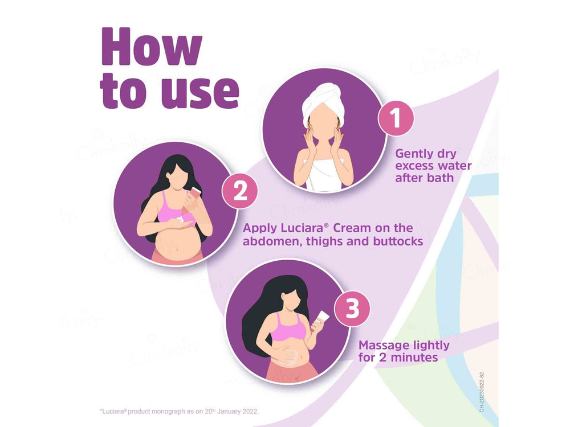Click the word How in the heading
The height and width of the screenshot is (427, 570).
(x=152, y=47)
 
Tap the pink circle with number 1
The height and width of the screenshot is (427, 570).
(x=396, y=118)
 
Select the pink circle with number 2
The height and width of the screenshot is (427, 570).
(x=240, y=191)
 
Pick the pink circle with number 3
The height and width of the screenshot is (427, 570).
(x=352, y=309)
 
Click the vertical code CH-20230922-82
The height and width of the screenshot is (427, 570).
(x=482, y=392)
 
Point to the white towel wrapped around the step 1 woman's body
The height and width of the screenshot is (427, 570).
(x=324, y=174)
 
